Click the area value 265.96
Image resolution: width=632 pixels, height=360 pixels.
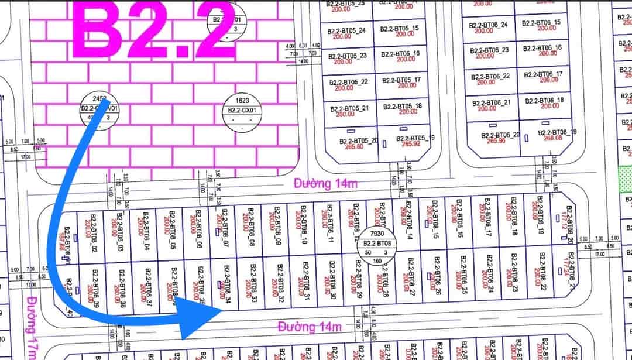pos(490,140)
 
